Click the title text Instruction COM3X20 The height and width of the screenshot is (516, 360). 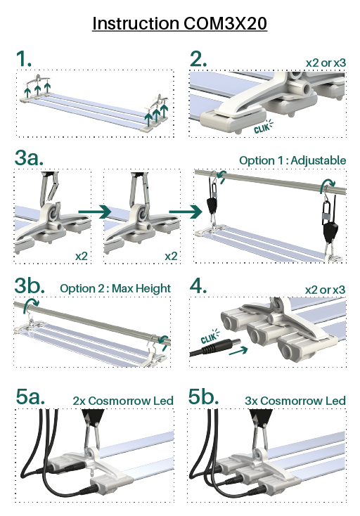tap(179, 23)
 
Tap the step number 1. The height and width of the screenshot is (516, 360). tap(24, 59)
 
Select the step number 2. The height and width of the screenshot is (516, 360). tap(198, 59)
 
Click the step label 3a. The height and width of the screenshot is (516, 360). tap(29, 157)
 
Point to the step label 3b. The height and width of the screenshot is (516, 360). tap(30, 285)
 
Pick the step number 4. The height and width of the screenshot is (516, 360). tap(198, 285)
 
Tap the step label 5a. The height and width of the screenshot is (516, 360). tap(30, 396)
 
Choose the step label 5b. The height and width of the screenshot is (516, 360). tap(203, 396)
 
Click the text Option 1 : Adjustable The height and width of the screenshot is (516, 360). tap(292, 160)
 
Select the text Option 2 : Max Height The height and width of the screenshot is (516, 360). tap(115, 289)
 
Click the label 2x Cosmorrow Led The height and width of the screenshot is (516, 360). tap(123, 401)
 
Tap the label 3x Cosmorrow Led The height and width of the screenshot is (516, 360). tap(295, 401)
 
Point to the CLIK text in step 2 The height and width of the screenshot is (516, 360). tap(262, 128)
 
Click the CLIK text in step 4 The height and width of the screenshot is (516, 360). tap(209, 338)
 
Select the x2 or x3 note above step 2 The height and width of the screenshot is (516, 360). tap(326, 63)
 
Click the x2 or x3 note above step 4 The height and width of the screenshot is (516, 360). tap(325, 290)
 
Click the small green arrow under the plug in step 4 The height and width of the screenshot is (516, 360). tap(238, 351)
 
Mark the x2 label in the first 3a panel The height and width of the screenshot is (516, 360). tap(82, 256)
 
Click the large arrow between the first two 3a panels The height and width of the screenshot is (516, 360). tap(95, 212)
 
